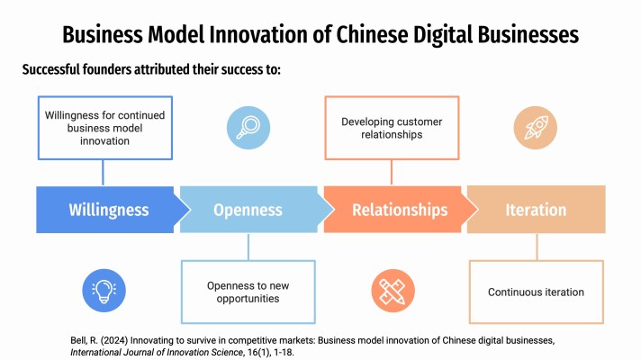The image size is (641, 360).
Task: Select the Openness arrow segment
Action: point(248,210)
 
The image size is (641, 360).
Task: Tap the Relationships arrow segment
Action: point(399,210)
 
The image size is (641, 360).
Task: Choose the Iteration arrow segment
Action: point(536,210)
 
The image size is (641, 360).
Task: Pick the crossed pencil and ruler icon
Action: point(391,290)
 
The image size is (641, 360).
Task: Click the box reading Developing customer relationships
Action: point(392,128)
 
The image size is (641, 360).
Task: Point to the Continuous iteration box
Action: point(536,292)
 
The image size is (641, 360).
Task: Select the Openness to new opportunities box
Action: point(248,292)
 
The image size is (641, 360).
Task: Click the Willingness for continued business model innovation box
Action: point(104,128)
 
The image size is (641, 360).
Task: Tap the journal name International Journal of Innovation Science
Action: point(149,352)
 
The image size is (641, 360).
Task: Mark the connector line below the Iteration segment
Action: point(537,247)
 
